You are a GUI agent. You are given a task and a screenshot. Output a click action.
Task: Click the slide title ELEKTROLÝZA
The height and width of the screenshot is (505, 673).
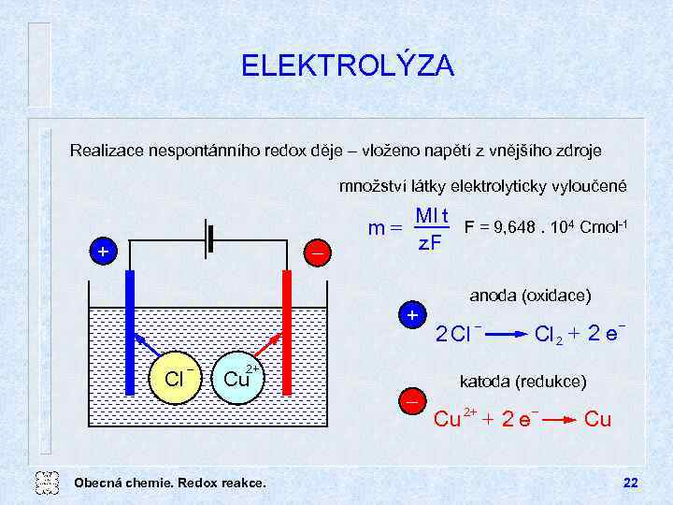coord(348,66)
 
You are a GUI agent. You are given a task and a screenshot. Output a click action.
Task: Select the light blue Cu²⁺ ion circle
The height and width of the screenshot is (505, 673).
coord(236,378)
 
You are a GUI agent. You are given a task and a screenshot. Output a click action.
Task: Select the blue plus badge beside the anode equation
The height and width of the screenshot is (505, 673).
coord(411,314)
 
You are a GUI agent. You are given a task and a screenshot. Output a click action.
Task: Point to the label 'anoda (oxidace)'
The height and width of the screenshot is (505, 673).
coord(530,296)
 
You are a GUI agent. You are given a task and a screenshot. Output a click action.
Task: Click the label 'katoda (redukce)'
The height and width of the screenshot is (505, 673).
coord(523,382)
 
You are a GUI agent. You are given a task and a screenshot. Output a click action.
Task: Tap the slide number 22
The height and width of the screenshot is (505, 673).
coord(630,483)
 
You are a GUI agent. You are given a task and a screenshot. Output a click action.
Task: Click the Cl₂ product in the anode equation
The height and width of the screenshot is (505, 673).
coord(548,334)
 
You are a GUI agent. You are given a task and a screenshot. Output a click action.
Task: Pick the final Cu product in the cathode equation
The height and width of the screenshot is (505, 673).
coord(597,420)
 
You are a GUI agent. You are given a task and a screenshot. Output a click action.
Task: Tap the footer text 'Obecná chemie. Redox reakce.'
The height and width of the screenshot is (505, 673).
coord(169,483)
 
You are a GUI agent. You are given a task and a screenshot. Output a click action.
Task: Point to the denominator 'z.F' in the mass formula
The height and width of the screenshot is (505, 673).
coord(430,245)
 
